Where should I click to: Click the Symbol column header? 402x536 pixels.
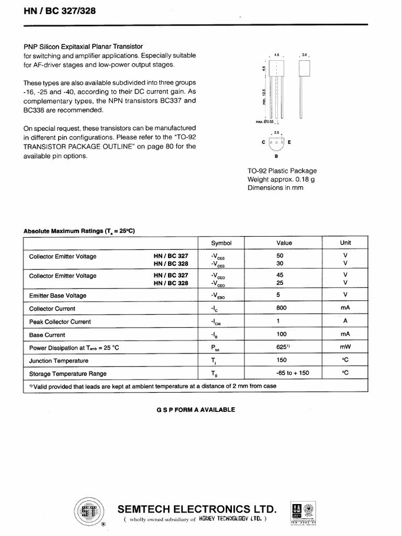click(x=221, y=243)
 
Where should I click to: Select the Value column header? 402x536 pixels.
click(x=284, y=243)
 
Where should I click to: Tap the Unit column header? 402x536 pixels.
click(x=345, y=242)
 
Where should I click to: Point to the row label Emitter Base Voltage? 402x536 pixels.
click(x=58, y=295)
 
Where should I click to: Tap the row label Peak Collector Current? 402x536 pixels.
click(x=60, y=321)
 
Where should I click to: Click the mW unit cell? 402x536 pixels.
click(x=345, y=347)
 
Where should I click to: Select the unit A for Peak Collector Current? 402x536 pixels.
click(x=345, y=321)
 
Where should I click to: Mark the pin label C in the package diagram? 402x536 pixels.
click(x=263, y=142)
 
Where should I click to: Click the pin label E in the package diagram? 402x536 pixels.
click(x=289, y=142)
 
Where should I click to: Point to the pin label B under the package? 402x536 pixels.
click(x=276, y=156)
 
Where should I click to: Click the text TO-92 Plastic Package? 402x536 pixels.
click(x=282, y=171)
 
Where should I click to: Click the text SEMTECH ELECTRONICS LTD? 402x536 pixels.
click(x=197, y=509)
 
